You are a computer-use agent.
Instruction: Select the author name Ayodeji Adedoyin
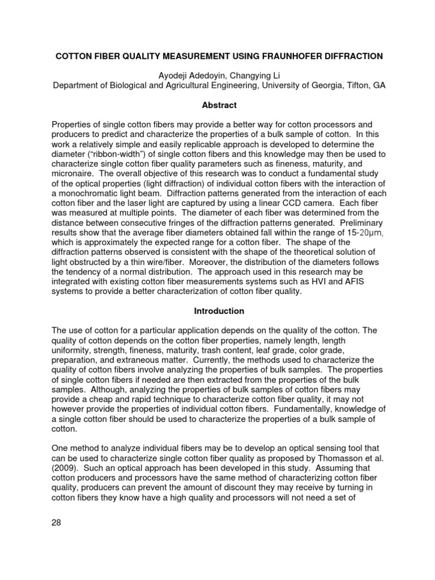tap(187, 76)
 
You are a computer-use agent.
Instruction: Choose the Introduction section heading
tap(219, 311)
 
